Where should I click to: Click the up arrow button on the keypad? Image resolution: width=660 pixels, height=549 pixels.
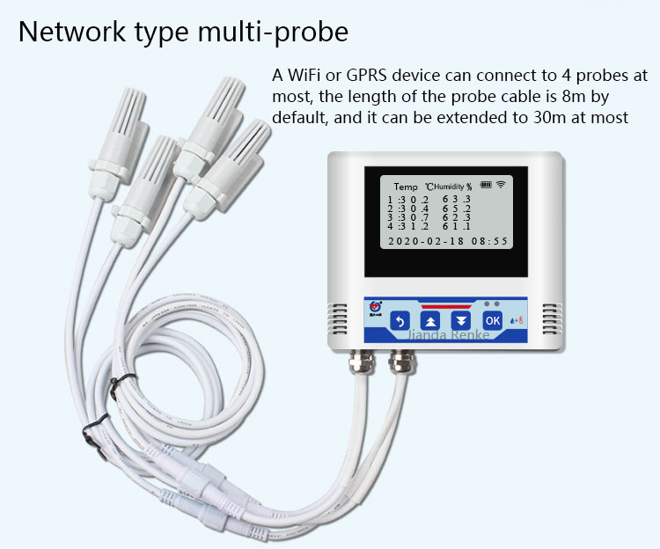pyautogui.click(x=430, y=321)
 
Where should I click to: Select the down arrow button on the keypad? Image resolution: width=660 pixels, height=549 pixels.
pyautogui.click(x=461, y=321)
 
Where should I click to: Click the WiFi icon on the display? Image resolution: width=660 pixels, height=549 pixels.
pyautogui.click(x=502, y=185)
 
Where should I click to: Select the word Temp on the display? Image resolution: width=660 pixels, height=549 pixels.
pyautogui.click(x=406, y=187)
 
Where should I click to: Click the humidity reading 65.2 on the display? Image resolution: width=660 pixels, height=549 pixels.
pyautogui.click(x=456, y=209)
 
